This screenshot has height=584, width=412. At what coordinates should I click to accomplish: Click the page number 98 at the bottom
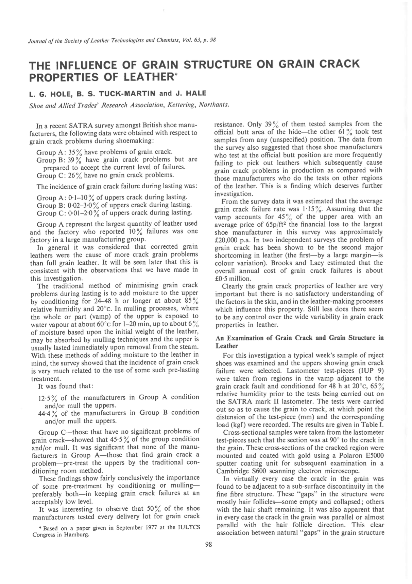tap(209, 545)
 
